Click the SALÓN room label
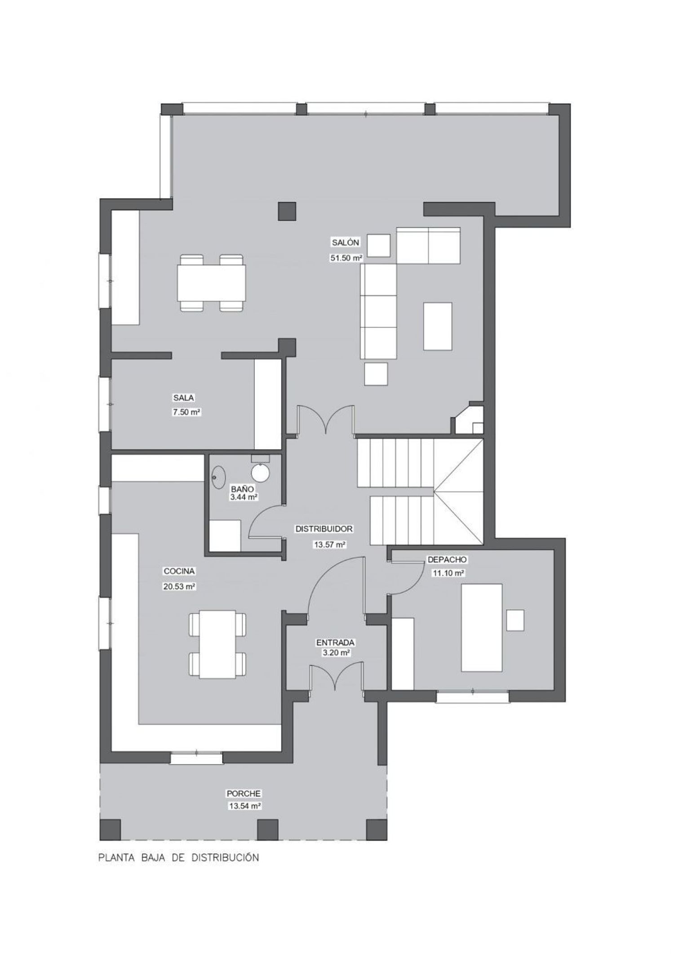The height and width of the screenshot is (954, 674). coord(346,243)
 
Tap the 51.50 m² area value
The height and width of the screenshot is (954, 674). coord(346,258)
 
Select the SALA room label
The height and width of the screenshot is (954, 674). coord(184,398)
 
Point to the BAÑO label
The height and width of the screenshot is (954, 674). coord(243,489)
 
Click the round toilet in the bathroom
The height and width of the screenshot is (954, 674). coord(260,473)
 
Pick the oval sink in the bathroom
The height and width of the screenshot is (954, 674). coord(219,477)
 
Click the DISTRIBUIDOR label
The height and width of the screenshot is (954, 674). coord(324,529)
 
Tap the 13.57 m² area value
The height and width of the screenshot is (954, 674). coord(329,545)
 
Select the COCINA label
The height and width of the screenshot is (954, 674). coord(179,571)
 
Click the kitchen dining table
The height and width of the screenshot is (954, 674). coord(217,644)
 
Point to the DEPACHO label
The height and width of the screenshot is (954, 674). coord(447,560)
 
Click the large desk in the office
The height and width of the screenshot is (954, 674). coord(482,628)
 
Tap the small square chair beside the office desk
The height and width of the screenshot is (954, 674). coord(515,621)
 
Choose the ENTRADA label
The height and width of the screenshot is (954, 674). coord(335,643)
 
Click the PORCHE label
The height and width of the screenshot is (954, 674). coord(244,794)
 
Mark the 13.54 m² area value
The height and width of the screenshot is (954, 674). coord(245,806)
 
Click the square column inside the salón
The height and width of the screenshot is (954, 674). coord(287,211)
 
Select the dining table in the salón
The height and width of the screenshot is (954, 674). coord(212,283)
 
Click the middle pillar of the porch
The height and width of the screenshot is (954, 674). coord(268,830)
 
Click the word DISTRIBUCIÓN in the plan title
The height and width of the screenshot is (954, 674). coord(226,857)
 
